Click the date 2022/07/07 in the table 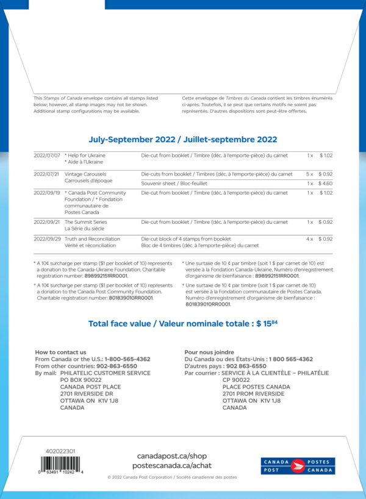[x=47, y=156]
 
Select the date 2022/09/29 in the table [x=47, y=239]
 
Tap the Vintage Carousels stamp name [x=85, y=174]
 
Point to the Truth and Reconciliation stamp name [x=92, y=239]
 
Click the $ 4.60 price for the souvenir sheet [x=325, y=183]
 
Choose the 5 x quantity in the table [x=309, y=174]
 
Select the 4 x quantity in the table [x=309, y=239]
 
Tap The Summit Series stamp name [x=85, y=221]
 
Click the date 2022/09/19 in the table [x=47, y=193]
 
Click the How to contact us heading [x=60, y=352]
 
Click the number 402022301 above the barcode [x=60, y=451]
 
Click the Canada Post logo [x=298, y=466]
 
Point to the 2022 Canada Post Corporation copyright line [x=171, y=478]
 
